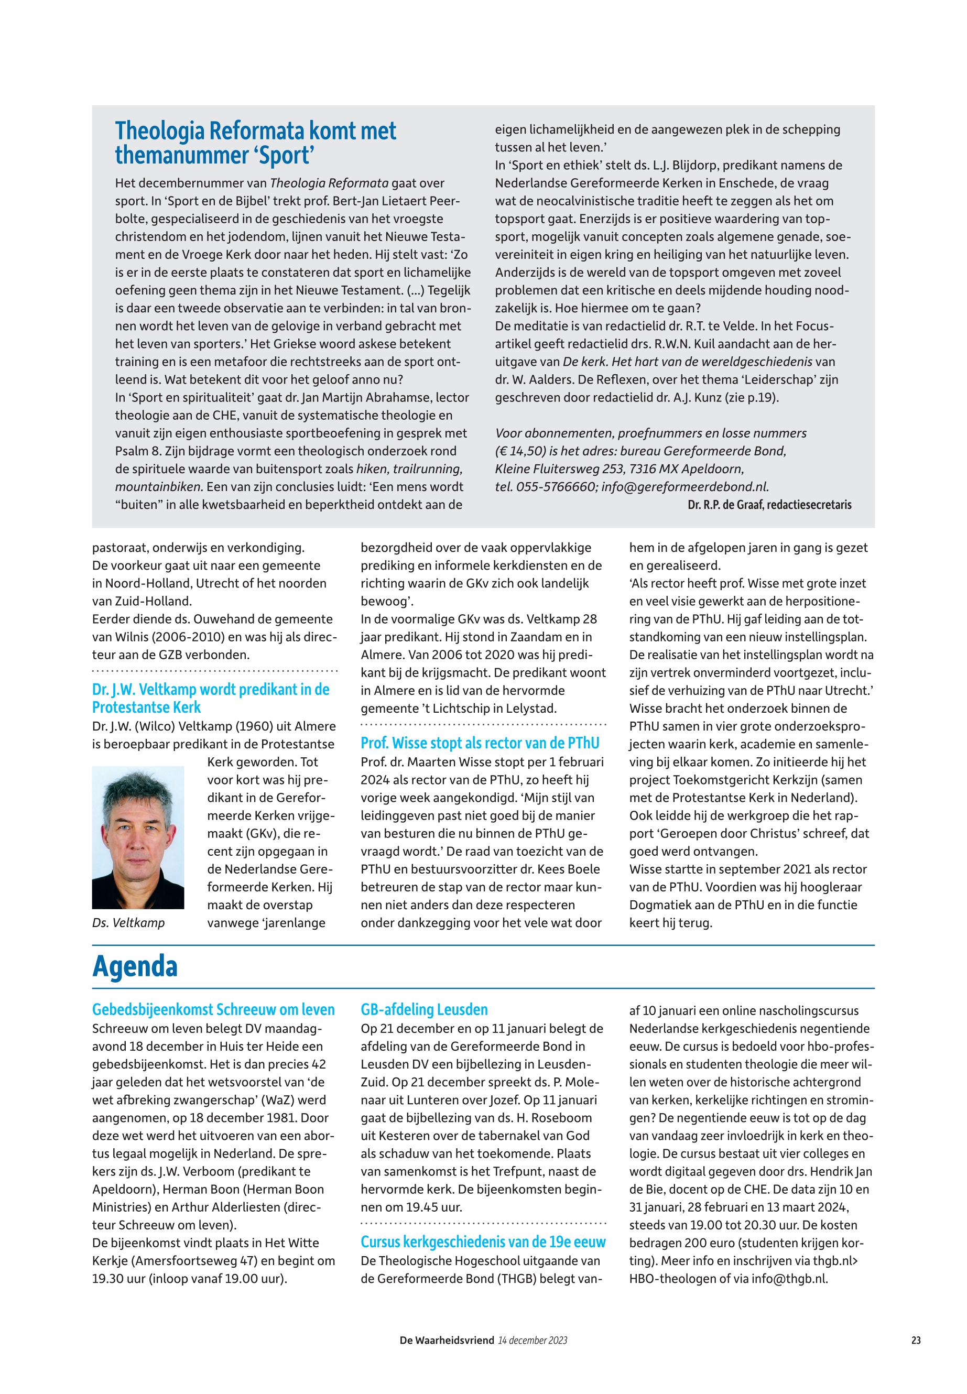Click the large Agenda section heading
(135, 967)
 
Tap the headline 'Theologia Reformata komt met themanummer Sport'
(256, 143)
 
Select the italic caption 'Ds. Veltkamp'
(128, 923)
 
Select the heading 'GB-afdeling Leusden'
(424, 1010)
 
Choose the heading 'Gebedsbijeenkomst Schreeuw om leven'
(213, 1010)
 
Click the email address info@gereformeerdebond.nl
(685, 487)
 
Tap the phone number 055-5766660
(556, 487)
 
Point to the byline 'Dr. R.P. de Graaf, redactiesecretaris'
(769, 505)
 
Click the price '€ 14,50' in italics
(524, 451)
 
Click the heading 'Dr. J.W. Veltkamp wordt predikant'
(211, 699)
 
